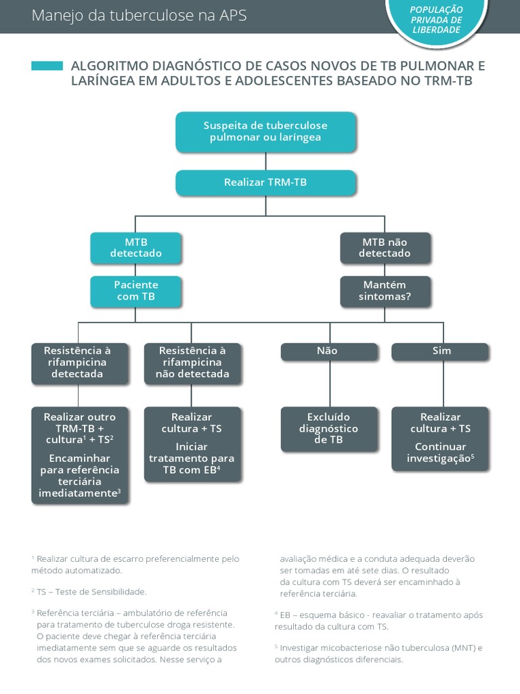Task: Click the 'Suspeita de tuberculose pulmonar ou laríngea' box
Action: pyautogui.click(x=265, y=131)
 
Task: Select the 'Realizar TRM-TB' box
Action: pyautogui.click(x=265, y=182)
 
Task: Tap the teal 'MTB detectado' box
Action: pyautogui.click(x=136, y=248)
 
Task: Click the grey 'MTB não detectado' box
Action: pyautogui.click(x=385, y=248)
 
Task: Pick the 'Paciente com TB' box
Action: pyautogui.click(x=136, y=291)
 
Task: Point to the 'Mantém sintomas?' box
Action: pyautogui.click(x=385, y=291)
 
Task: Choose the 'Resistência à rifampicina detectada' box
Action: pyautogui.click(x=79, y=363)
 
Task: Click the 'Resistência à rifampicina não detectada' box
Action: pyautogui.click(x=192, y=363)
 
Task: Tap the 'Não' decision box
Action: pyautogui.click(x=329, y=351)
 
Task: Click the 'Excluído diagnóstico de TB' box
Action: pyautogui.click(x=329, y=428)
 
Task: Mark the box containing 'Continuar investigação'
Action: pyautogui.click(x=441, y=438)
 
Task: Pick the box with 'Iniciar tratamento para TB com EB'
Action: pyautogui.click(x=192, y=444)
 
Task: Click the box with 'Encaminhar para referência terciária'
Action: pyautogui.click(x=79, y=455)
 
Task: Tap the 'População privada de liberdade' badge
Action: pyautogui.click(x=437, y=19)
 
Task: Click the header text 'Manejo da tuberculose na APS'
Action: pyautogui.click(x=139, y=16)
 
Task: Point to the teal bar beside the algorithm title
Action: pyautogui.click(x=47, y=66)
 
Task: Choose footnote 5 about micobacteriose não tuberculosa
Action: pyautogui.click(x=378, y=653)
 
